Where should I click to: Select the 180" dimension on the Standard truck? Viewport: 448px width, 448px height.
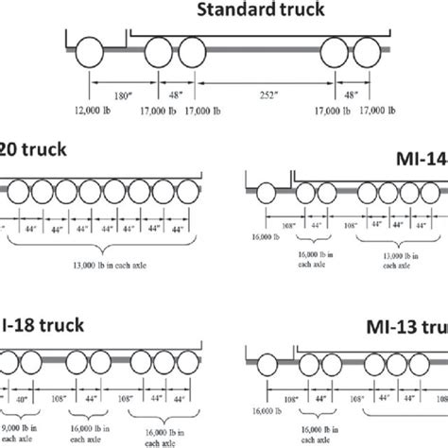click(x=119, y=95)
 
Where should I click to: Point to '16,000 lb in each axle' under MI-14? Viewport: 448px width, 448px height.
click(x=316, y=261)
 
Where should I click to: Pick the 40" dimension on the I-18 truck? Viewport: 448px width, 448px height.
click(x=22, y=400)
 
